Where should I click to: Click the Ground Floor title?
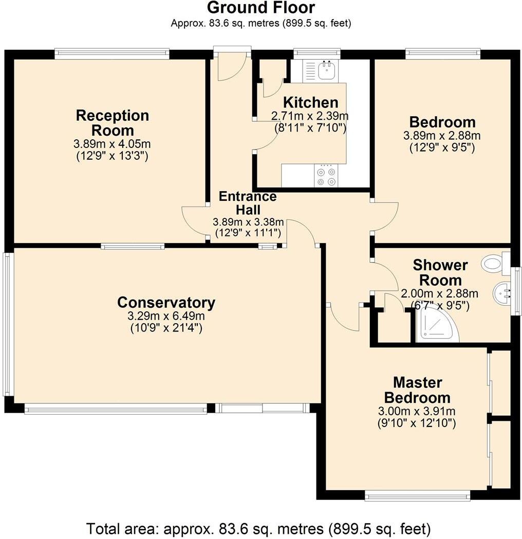260,8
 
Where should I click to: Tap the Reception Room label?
112,122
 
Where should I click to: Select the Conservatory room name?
165,302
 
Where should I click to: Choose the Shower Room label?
440,273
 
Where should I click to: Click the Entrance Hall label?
248,203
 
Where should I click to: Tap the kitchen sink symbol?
325,70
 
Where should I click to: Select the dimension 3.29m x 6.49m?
165,316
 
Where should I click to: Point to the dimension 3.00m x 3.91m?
417,411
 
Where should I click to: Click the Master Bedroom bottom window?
417,496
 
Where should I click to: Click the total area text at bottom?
258,528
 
